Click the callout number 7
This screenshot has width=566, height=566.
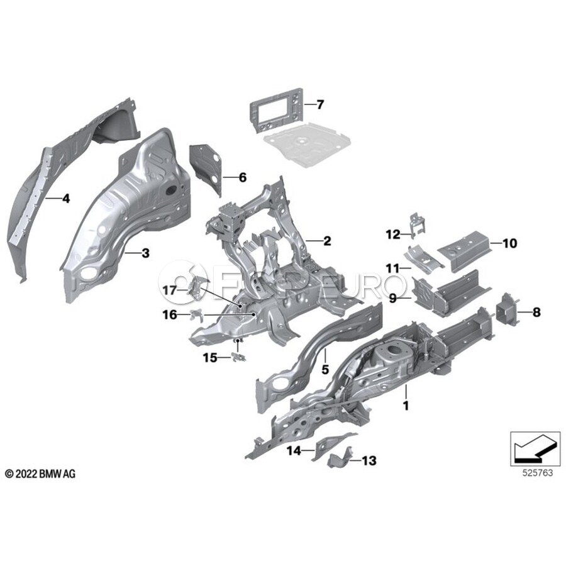click(x=319, y=104)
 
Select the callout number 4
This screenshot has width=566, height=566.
click(x=66, y=199)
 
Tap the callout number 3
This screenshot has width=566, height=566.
click(x=145, y=253)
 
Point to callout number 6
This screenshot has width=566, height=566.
click(x=242, y=177)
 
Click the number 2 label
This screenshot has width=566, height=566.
click(x=326, y=240)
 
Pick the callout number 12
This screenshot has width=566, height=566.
click(x=393, y=235)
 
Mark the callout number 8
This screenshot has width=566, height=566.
click(x=536, y=311)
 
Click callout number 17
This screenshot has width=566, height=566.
click(x=170, y=291)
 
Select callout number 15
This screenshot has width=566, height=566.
click(x=209, y=357)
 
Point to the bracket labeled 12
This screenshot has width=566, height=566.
click(x=417, y=224)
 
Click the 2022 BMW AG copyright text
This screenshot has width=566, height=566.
click(x=40, y=474)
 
